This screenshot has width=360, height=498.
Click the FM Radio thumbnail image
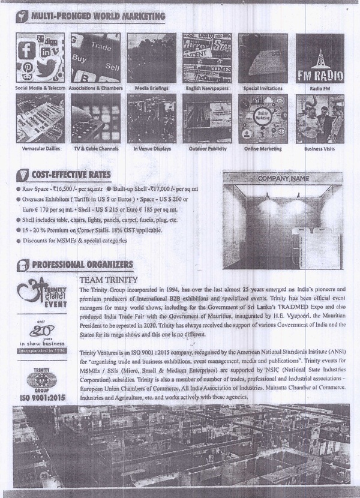point(320,58)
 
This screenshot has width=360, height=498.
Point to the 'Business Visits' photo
point(320,118)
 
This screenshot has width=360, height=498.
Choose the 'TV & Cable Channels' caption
point(95,148)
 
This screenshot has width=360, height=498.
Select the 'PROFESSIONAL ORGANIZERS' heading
point(82,265)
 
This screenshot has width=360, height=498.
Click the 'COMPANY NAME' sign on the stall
point(283,178)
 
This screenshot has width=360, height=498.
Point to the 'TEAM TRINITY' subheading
point(109,280)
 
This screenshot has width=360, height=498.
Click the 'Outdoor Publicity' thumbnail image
point(206,118)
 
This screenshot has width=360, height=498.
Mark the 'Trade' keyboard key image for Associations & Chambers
point(101,47)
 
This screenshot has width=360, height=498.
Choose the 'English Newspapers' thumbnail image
point(206,58)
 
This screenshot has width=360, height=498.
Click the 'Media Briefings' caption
point(151,88)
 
